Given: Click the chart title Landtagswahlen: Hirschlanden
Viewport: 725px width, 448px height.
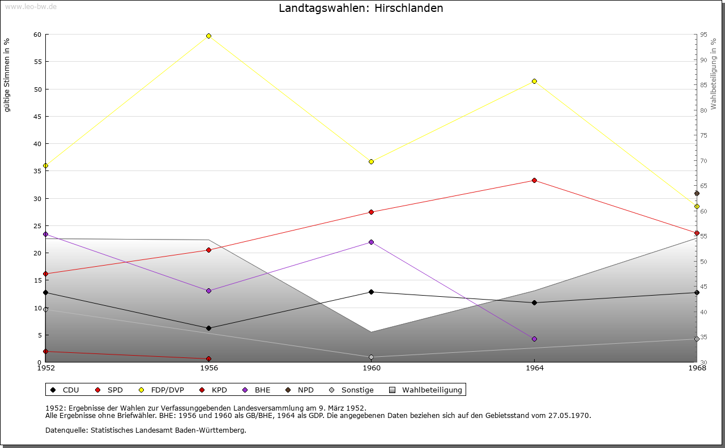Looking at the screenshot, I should tap(361, 8).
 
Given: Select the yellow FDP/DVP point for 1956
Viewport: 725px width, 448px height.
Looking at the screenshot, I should tap(208, 36).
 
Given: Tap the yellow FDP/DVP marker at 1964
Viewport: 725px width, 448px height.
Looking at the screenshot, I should tap(534, 81).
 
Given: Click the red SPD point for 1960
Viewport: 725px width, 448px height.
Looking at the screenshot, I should tap(372, 212).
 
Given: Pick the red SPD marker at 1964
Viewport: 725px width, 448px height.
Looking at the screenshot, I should tap(534, 181).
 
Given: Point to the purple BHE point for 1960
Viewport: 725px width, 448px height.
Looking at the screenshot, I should tap(372, 242).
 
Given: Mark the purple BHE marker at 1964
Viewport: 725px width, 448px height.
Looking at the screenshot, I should tap(534, 339).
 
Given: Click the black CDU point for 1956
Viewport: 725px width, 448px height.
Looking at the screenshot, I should tap(208, 328).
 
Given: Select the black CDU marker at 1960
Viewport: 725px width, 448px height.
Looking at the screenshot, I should tap(372, 292).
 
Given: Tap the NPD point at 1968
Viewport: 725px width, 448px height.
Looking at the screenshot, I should tap(697, 194).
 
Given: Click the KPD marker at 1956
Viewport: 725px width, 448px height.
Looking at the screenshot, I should tap(208, 359).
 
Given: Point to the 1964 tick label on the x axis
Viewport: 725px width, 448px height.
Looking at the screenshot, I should tap(534, 368).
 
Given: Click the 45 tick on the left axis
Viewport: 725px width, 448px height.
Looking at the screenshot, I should tap(37, 117).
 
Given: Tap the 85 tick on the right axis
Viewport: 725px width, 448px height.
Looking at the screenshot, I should tap(703, 85).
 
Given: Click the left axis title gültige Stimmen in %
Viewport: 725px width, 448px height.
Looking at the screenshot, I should tap(7, 75).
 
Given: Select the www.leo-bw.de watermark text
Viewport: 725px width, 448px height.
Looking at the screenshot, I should tap(30, 6).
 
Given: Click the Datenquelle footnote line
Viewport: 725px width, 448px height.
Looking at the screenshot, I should tap(146, 430).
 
